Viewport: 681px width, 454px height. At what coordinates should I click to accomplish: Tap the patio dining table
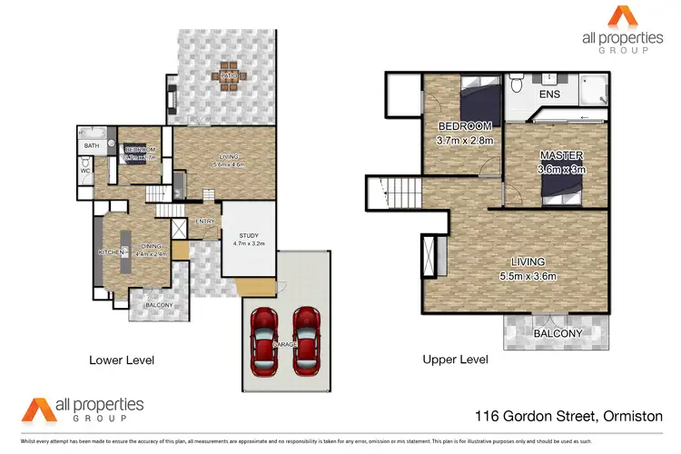pos(227,79)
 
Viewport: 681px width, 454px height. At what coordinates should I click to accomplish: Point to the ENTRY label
pos(206,222)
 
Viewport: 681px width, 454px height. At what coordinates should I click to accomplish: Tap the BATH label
pos(92,145)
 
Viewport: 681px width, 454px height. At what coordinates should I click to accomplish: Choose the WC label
pos(85,169)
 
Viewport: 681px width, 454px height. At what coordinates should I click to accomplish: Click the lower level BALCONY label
pos(161,305)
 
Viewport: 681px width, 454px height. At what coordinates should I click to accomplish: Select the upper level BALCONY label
pos(558,333)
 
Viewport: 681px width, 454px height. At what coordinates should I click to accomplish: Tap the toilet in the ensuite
pos(515,86)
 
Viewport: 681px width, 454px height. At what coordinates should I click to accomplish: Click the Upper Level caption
pos(455,360)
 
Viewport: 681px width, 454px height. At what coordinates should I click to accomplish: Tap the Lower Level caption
pos(122,360)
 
